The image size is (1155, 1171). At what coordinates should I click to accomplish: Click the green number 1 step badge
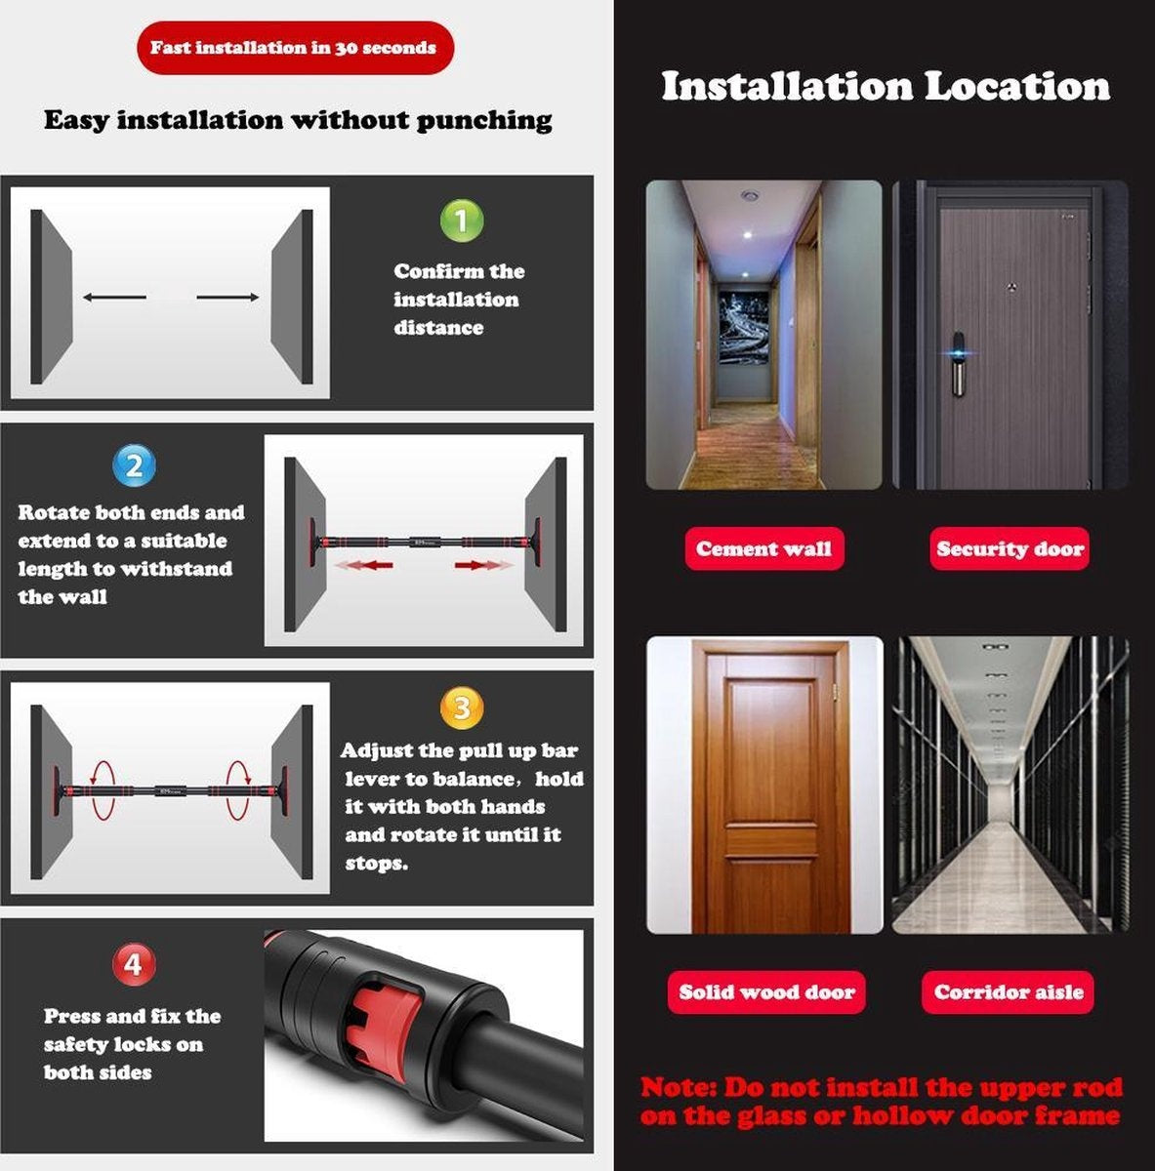click(462, 220)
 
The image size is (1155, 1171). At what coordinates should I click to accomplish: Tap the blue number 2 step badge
click(134, 465)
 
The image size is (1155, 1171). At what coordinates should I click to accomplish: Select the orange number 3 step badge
click(462, 707)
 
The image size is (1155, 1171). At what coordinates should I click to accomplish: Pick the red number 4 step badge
click(134, 964)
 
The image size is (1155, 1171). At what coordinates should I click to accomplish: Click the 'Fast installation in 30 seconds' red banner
click(295, 48)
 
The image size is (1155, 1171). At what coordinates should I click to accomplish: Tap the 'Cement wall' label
click(763, 548)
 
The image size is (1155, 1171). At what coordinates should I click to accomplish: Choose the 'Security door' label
click(1010, 548)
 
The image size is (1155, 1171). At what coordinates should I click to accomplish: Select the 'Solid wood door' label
click(766, 992)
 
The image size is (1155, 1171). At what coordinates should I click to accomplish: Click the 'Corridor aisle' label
click(1008, 992)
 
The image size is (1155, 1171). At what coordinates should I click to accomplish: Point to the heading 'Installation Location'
click(886, 86)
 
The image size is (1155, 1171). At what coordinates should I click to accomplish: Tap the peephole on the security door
click(1012, 286)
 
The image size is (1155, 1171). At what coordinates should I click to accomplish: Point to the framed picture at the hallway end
click(744, 327)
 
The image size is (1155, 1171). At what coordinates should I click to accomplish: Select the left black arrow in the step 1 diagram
click(114, 298)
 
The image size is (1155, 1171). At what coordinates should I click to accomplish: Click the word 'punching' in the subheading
click(484, 120)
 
